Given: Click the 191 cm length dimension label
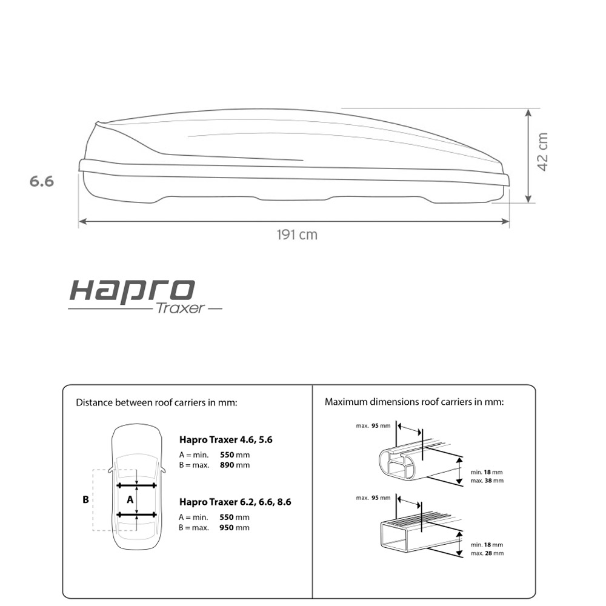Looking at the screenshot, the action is pos(297,235).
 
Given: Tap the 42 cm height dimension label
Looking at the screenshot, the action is pos(542,151).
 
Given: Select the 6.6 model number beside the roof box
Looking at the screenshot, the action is pos(42,181).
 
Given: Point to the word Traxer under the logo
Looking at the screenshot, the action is pos(180,308).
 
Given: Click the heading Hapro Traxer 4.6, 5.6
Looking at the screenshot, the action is pos(225,440).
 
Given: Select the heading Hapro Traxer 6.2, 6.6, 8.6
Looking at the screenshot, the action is pos(235,502).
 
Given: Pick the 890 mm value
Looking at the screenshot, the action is pos(235,465).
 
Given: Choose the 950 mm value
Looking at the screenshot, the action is pos(234,528).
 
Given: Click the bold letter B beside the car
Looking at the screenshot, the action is pos(86,500).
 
